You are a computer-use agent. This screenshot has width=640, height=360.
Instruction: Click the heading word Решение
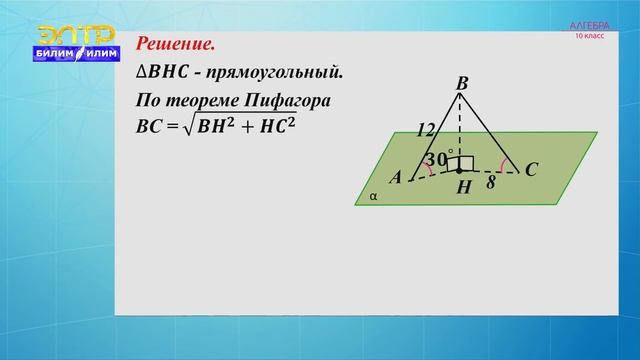(175, 46)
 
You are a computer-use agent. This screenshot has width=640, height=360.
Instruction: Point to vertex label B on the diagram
(461, 85)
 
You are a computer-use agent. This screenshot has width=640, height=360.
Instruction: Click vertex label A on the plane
(395, 177)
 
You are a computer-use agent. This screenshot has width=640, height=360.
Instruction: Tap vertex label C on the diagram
(531, 171)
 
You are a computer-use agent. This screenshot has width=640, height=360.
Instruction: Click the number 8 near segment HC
(491, 183)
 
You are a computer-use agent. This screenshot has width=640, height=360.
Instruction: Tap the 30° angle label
(437, 159)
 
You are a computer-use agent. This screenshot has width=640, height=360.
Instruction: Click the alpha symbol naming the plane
(373, 197)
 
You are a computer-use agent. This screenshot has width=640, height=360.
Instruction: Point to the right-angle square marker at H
(466, 163)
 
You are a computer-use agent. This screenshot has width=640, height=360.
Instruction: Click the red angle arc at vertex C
(504, 165)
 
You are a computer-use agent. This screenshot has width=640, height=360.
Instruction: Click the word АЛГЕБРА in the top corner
(590, 24)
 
